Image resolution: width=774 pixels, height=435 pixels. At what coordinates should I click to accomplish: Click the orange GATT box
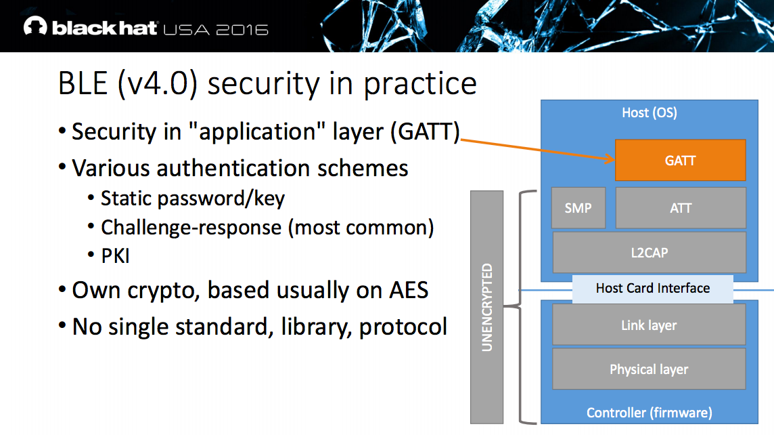pyautogui.click(x=680, y=161)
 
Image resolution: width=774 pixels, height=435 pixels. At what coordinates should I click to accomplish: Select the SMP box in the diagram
pyautogui.click(x=578, y=208)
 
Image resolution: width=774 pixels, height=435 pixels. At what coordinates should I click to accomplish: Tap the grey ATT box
pyautogui.click(x=680, y=208)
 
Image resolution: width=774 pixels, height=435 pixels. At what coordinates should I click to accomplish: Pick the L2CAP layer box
pyautogui.click(x=649, y=252)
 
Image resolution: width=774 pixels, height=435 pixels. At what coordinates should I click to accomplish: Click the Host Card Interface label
pyautogui.click(x=652, y=289)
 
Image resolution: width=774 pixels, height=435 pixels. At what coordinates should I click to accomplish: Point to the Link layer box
pyautogui.click(x=649, y=325)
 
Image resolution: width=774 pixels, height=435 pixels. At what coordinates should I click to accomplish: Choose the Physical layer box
pyautogui.click(x=649, y=369)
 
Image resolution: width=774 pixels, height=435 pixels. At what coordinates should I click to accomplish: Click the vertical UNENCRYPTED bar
pyautogui.click(x=487, y=307)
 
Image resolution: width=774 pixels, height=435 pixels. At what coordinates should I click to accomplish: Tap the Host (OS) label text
pyautogui.click(x=649, y=112)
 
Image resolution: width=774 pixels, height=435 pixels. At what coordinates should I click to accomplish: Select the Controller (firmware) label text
pyautogui.click(x=649, y=413)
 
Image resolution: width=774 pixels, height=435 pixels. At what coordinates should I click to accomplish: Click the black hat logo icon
pyautogui.click(x=35, y=27)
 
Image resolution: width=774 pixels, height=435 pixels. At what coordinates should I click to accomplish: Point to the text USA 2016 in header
pyautogui.click(x=216, y=29)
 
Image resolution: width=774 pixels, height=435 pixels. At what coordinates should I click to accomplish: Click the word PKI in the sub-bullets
pyautogui.click(x=115, y=256)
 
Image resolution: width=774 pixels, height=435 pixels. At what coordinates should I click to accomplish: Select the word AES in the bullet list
pyautogui.click(x=407, y=290)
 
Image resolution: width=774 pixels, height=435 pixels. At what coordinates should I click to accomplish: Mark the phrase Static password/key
pyautogui.click(x=193, y=199)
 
